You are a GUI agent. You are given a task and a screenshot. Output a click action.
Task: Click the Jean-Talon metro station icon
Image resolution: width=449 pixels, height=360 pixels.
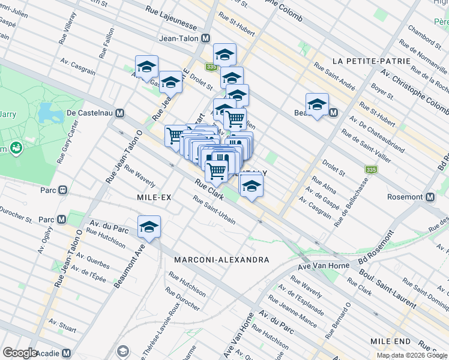pyautogui.click(x=206, y=38)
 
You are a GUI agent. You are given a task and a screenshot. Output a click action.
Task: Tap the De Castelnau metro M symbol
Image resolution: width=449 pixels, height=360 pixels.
pyautogui.click(x=120, y=113)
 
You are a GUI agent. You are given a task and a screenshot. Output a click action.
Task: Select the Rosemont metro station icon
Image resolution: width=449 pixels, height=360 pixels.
pyautogui.click(x=430, y=197)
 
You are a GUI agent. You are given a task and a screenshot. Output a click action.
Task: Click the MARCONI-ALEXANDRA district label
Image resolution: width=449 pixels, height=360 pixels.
pyautogui.click(x=221, y=260)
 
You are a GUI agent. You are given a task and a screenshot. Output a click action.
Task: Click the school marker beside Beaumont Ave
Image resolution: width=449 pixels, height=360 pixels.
pyautogui.click(x=149, y=227)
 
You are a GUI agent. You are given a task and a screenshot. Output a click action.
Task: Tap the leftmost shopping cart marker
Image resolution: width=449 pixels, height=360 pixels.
pyautogui.click(x=175, y=135)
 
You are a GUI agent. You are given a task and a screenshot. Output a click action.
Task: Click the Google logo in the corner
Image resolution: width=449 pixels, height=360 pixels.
pyautogui.click(x=20, y=353)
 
